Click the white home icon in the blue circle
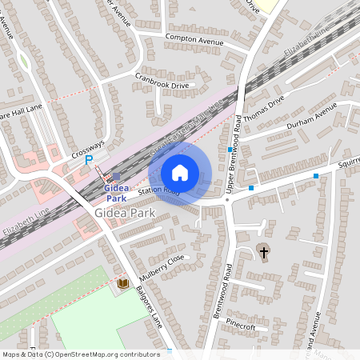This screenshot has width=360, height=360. pos(180,173)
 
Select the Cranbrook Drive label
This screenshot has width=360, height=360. pos(162,81)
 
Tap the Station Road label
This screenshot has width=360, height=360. pos(158,190)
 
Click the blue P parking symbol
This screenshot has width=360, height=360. pos(89,160)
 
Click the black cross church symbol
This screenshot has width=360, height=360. pos(264,253)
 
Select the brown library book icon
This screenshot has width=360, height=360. pos(122,283)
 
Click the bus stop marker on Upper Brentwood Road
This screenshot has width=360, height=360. pos(230,150)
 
